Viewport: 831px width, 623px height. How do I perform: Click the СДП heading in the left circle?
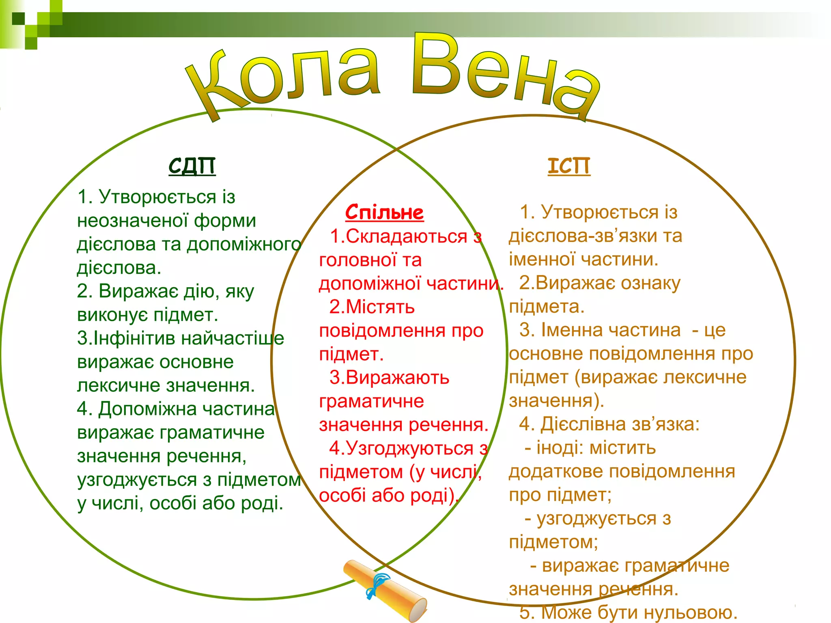pos(192,165)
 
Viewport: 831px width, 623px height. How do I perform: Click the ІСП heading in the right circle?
pos(569,166)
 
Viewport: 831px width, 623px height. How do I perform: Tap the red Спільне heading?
pos(384,212)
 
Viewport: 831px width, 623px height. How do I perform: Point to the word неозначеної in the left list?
pos(132,221)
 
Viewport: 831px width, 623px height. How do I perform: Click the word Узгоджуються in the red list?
pos(409,449)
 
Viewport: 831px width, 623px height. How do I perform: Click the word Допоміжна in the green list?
pos(148,409)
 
